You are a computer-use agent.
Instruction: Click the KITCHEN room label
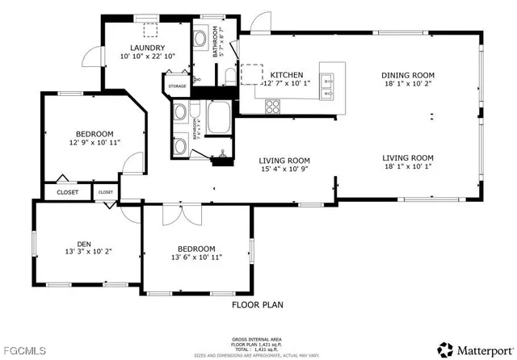(x=286, y=73)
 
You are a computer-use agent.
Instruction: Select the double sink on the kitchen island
(x=328, y=79)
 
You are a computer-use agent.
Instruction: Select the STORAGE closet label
(x=177, y=85)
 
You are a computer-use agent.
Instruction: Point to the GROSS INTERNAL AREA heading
(x=258, y=338)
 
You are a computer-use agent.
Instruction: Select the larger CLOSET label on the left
(x=68, y=193)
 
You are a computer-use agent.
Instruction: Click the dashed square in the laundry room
(x=149, y=30)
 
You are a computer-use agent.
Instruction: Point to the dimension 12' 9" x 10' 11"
(x=95, y=144)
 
